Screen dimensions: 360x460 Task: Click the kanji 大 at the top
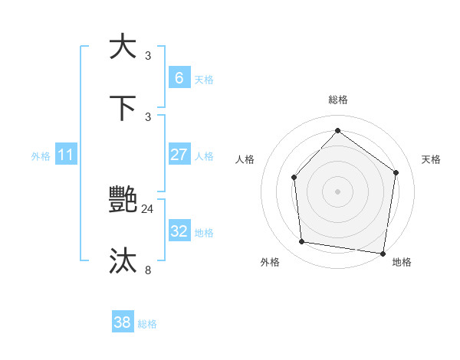123,46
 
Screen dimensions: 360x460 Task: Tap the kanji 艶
123,200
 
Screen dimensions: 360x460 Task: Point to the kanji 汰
123,261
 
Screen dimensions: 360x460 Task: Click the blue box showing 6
179,77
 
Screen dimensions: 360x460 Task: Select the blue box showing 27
179,155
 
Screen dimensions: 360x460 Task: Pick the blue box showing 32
179,231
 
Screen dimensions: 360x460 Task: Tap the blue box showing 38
123,322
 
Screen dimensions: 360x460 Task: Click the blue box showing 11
66,155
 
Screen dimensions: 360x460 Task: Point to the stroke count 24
148,208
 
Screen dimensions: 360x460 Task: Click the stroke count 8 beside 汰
148,270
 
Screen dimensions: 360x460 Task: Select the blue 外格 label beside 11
41,155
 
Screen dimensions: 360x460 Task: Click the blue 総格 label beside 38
147,324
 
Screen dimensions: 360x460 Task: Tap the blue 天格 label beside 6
203,79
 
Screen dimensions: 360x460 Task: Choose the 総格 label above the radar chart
338,100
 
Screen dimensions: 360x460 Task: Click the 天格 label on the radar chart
432,159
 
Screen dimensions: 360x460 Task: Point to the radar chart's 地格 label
402,262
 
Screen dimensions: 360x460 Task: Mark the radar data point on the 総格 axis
337,130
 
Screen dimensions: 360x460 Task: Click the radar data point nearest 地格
383,253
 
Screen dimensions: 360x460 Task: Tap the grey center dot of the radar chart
337,191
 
